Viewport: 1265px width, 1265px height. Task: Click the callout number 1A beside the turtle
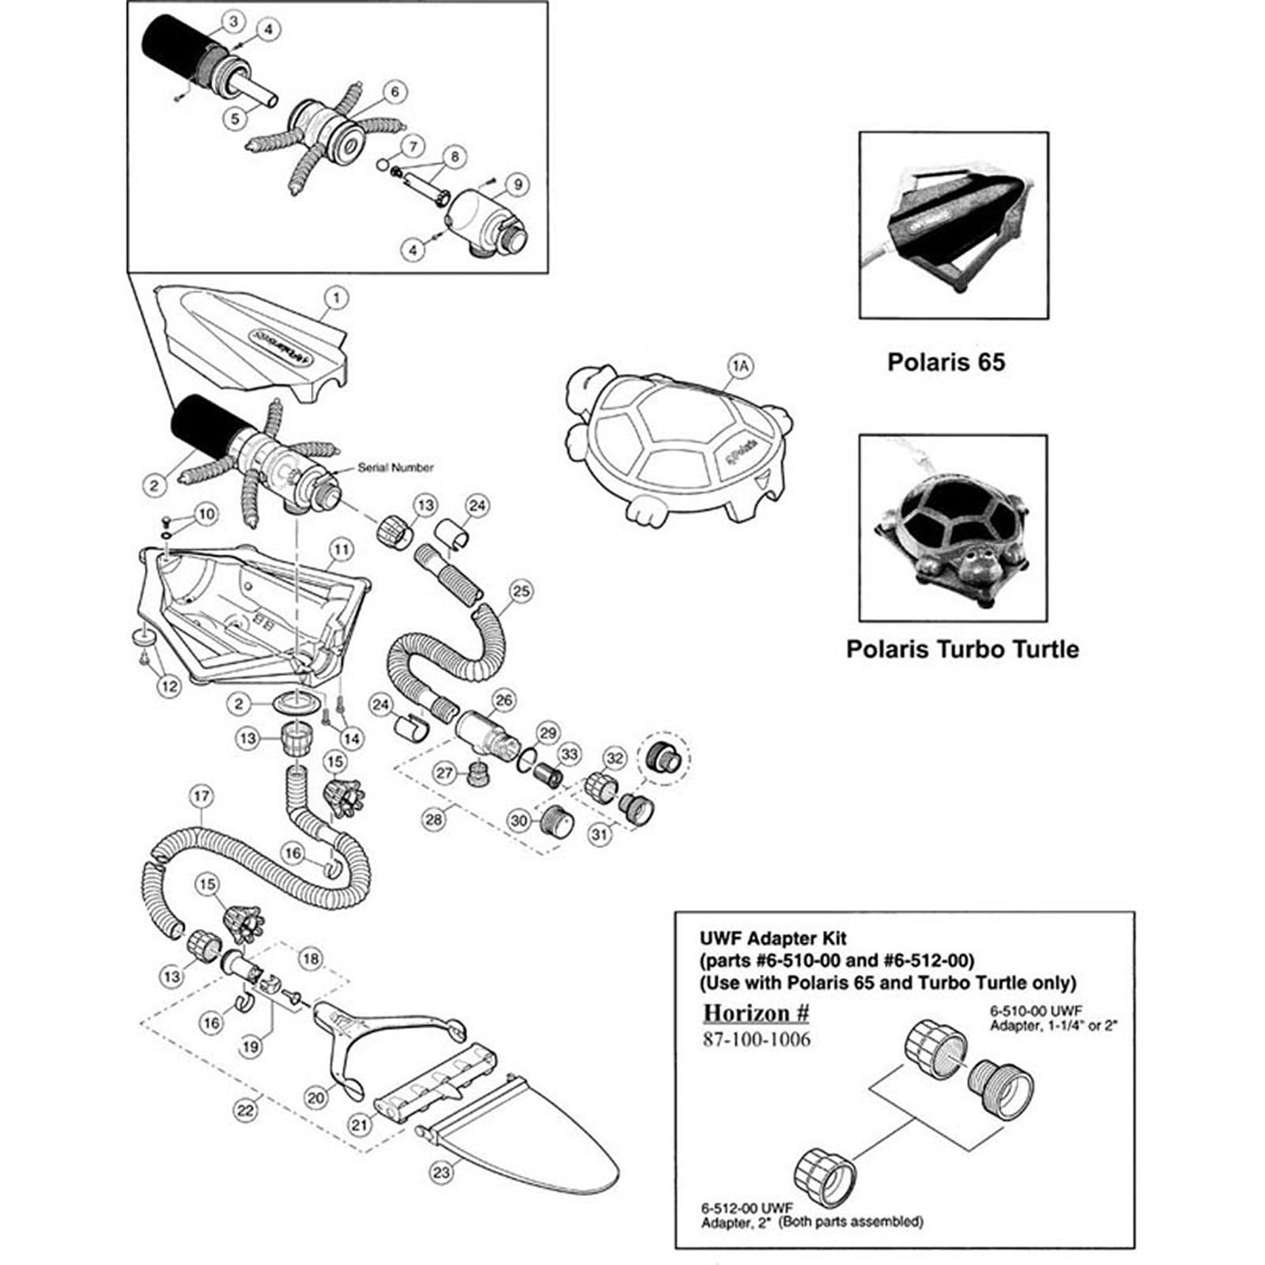[x=741, y=364]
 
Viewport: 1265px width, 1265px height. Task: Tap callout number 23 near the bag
[x=441, y=1171]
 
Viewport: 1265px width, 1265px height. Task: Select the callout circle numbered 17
[x=201, y=796]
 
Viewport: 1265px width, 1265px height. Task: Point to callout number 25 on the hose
[x=520, y=591]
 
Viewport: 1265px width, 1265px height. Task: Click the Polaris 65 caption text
[x=946, y=362]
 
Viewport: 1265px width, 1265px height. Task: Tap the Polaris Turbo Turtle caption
[x=962, y=649]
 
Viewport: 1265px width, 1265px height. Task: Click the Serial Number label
[x=395, y=467]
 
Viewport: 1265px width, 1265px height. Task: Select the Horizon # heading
[x=757, y=1013]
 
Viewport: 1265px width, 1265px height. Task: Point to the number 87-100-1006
[x=757, y=1039]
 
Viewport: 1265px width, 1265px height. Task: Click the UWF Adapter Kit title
[x=772, y=938]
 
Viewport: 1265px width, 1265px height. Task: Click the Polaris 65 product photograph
[x=953, y=226]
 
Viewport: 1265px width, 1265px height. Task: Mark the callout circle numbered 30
[x=519, y=821]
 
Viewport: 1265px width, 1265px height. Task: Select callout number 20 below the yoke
[x=316, y=1097]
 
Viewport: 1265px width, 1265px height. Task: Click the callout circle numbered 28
[x=433, y=819]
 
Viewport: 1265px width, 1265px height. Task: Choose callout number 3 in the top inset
[x=233, y=22]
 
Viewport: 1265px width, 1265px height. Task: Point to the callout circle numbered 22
[x=246, y=1110]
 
